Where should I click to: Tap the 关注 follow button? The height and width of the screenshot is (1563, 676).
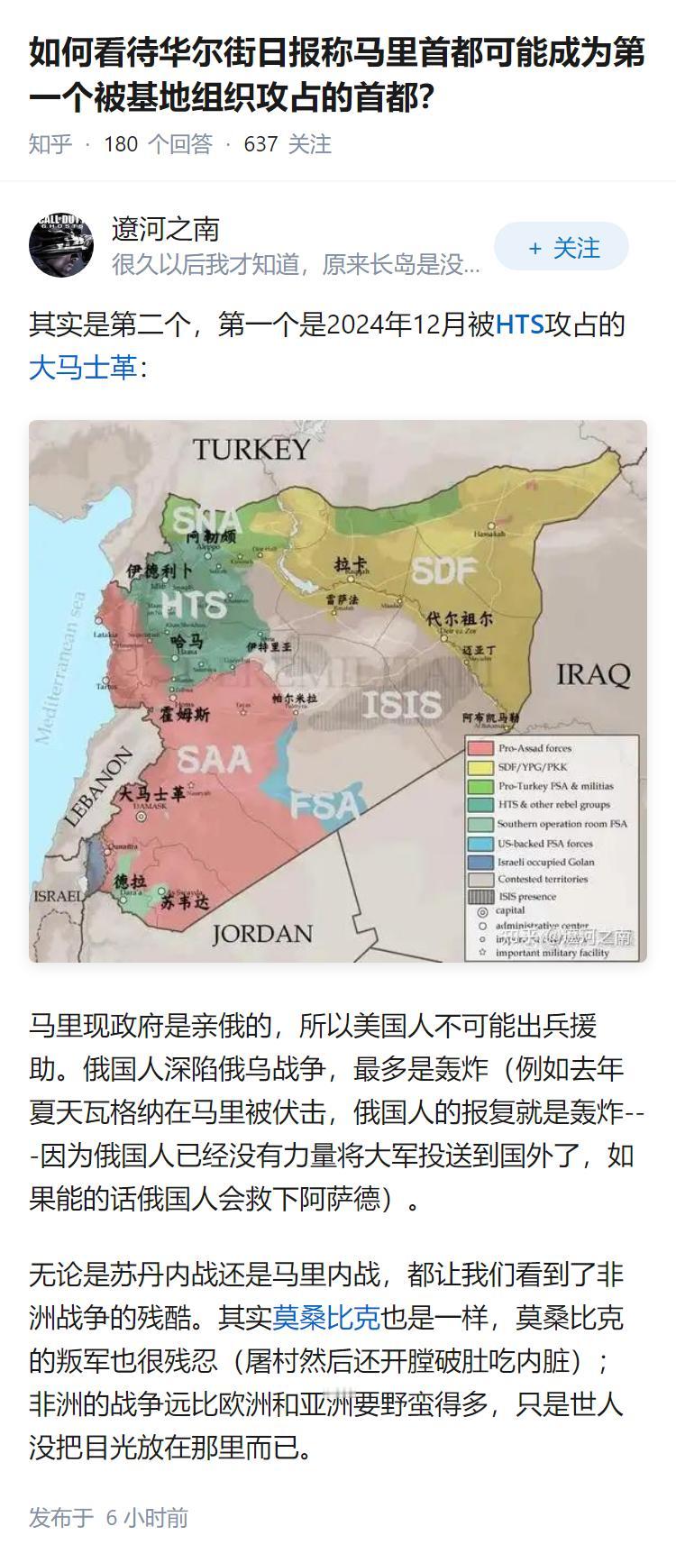(x=561, y=247)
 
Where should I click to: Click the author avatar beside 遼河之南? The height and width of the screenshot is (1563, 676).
(x=61, y=245)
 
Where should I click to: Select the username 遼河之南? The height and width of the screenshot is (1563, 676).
(x=166, y=230)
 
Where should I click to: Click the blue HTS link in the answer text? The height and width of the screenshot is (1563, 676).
(x=520, y=324)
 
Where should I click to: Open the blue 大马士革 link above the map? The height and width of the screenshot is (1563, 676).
(x=83, y=368)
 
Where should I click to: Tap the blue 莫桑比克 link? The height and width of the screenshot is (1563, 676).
(x=326, y=1318)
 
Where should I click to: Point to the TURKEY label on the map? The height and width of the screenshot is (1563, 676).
(x=251, y=449)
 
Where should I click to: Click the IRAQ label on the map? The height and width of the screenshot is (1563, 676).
(x=592, y=673)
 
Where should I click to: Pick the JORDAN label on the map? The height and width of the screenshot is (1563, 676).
(x=262, y=933)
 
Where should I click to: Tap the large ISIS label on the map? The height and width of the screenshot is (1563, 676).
(x=401, y=704)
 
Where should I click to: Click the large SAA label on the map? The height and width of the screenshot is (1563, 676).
(x=214, y=760)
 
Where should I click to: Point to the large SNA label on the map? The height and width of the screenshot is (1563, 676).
(x=206, y=520)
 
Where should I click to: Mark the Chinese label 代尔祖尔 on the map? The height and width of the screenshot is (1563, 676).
(x=460, y=619)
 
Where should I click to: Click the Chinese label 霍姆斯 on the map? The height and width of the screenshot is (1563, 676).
(x=185, y=714)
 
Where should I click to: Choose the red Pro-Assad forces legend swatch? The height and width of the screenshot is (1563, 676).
(x=482, y=748)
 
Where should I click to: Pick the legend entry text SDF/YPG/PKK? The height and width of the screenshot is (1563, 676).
(x=533, y=767)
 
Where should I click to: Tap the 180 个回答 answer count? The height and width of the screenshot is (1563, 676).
(x=158, y=144)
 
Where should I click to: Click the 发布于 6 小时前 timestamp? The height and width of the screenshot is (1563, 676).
(x=108, y=1518)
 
